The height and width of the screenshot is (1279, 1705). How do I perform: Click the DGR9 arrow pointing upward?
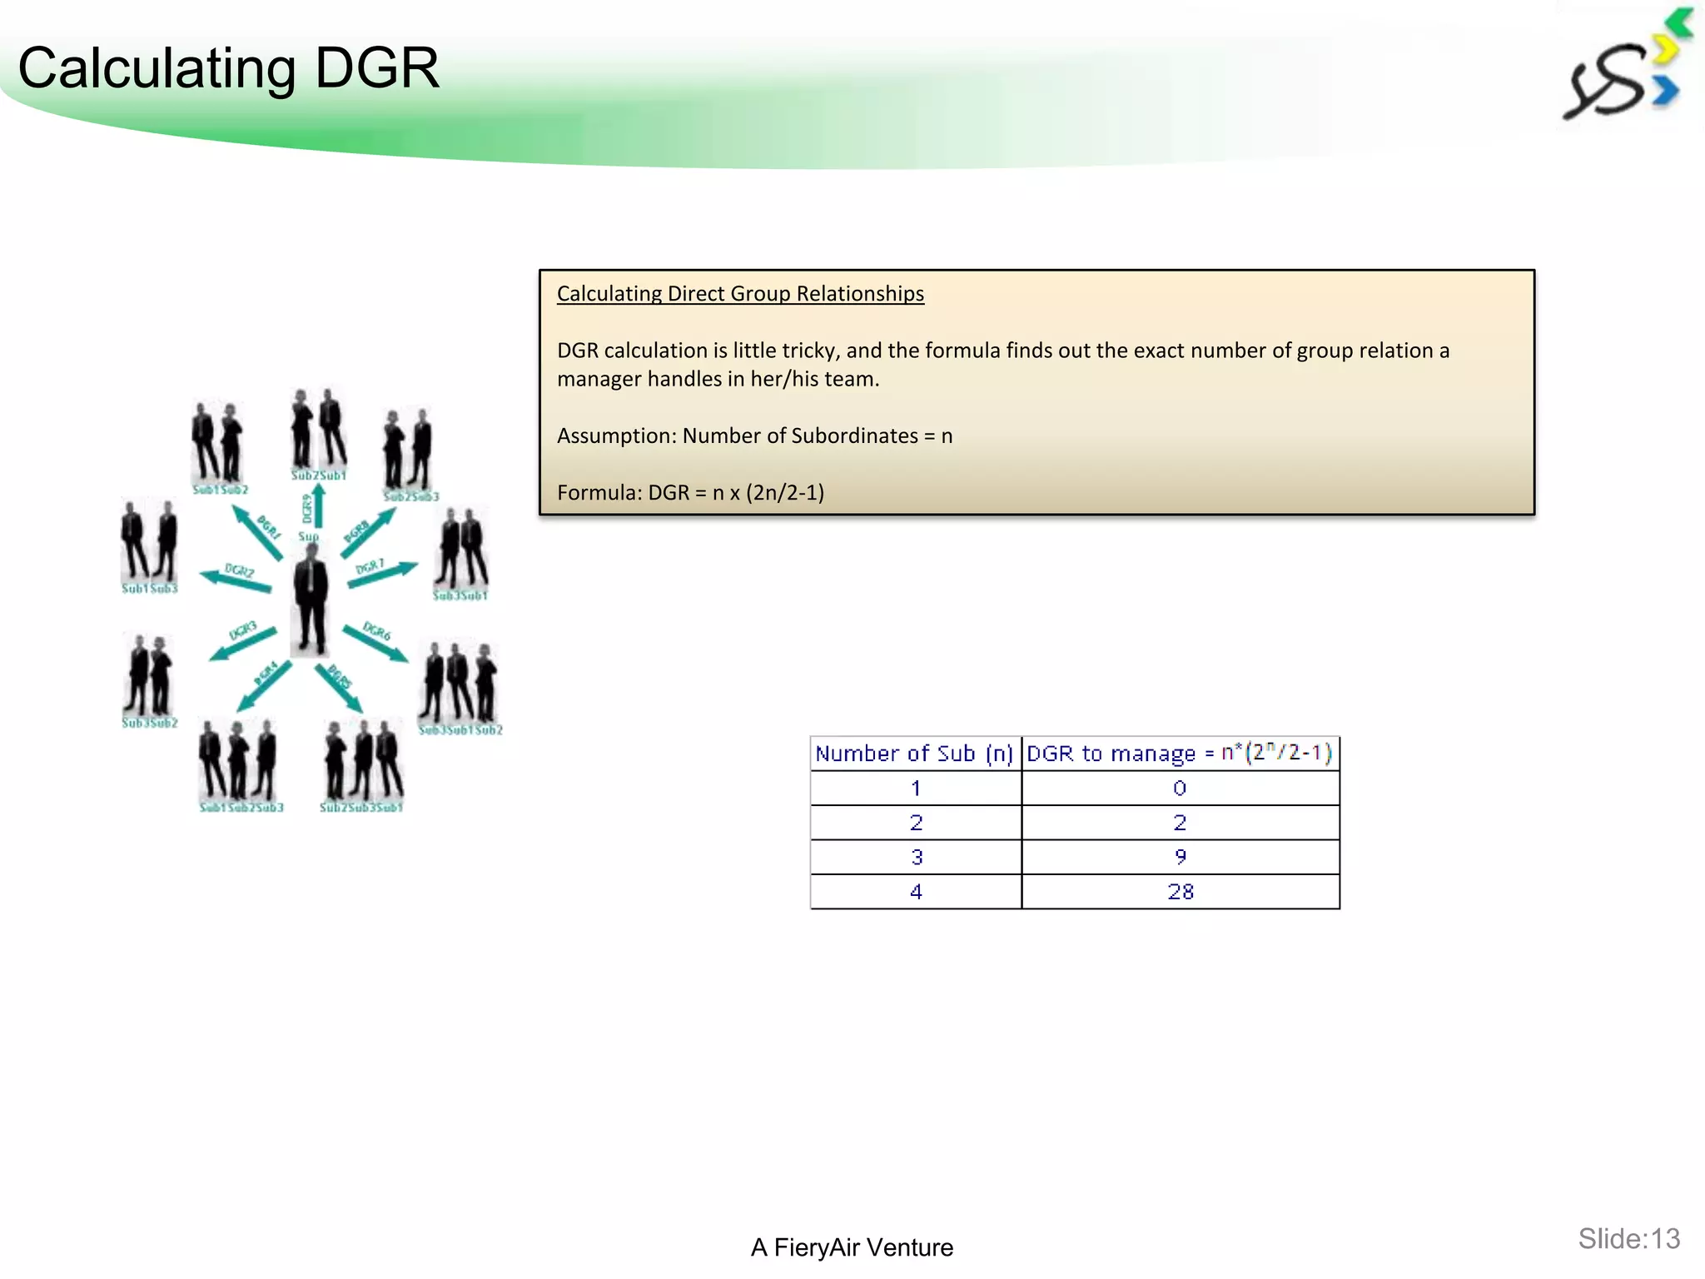tap(317, 506)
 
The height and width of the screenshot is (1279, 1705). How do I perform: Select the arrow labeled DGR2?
tap(236, 578)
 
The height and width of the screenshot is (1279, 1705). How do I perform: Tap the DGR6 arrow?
tap(375, 642)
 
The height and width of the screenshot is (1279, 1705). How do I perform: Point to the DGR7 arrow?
tap(382, 574)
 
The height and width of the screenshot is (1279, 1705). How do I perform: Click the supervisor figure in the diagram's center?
tap(311, 600)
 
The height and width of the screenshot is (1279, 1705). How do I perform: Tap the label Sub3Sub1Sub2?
tap(460, 730)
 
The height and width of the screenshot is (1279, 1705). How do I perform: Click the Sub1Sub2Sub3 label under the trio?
tap(241, 808)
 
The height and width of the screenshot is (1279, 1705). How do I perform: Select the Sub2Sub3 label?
tap(410, 496)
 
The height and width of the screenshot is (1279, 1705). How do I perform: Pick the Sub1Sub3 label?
tap(150, 589)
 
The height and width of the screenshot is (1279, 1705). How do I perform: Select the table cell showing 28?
tap(1180, 892)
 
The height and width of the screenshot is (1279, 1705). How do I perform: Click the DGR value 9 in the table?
tap(1180, 857)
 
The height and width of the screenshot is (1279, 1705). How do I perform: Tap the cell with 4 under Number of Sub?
tap(916, 892)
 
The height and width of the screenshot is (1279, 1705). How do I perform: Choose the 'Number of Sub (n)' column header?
tap(914, 754)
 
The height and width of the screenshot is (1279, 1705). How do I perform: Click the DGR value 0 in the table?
tap(1180, 788)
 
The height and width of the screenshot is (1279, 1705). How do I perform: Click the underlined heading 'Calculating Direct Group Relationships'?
tap(740, 294)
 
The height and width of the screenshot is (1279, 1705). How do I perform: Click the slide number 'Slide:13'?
tap(1628, 1239)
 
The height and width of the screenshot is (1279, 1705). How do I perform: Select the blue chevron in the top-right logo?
tap(1666, 90)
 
